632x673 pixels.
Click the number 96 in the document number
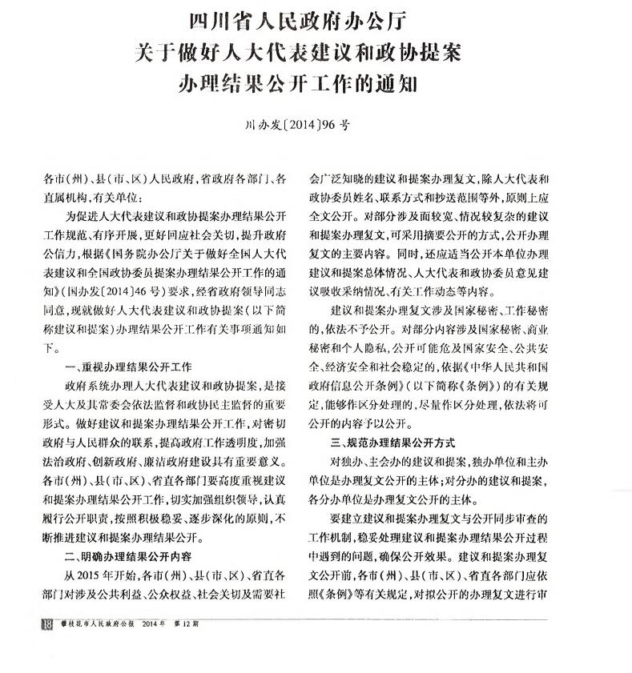pyautogui.click(x=328, y=125)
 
